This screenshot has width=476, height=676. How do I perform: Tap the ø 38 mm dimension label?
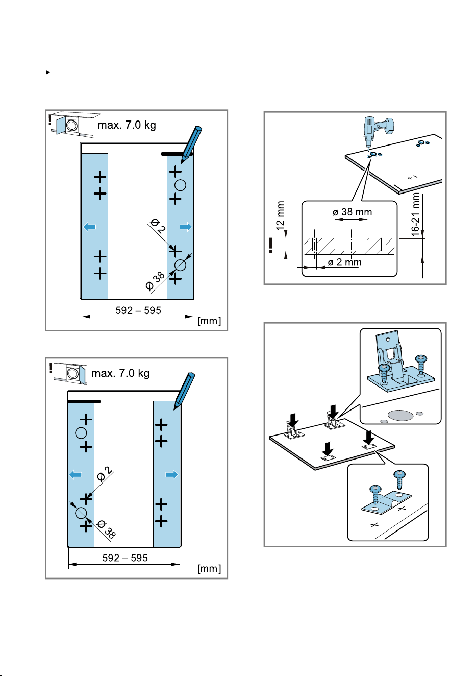pyautogui.click(x=353, y=212)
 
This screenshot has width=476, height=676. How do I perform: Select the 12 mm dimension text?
pyautogui.click(x=280, y=216)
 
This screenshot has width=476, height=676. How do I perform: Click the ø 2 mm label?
pyautogui.click(x=344, y=262)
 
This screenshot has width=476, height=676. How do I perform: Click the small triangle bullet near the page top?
pyautogui.click(x=47, y=73)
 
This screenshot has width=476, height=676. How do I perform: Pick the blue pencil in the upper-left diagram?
pyautogui.click(x=191, y=144)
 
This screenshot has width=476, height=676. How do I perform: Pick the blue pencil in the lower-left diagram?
pyautogui.click(x=184, y=391)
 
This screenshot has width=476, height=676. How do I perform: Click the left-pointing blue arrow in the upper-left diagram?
pyautogui.click(x=90, y=227)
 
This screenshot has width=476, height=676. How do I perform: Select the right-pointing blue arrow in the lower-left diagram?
pyautogui.click(x=171, y=475)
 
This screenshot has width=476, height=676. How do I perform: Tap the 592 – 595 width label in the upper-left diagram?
pyautogui.click(x=138, y=310)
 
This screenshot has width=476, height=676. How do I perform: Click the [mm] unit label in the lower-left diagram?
pyautogui.click(x=209, y=569)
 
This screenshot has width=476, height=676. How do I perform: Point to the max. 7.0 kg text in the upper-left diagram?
pyautogui.click(x=127, y=125)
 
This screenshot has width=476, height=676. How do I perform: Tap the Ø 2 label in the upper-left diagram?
pyautogui.click(x=158, y=226)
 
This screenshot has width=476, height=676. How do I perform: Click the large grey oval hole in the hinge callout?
pyautogui.click(x=400, y=415)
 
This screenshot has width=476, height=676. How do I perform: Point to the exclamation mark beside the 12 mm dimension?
pyautogui.click(x=270, y=245)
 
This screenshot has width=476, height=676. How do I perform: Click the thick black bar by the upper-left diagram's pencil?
pyautogui.click(x=177, y=154)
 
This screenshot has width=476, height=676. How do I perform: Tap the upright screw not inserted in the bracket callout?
pyautogui.click(x=399, y=480)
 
